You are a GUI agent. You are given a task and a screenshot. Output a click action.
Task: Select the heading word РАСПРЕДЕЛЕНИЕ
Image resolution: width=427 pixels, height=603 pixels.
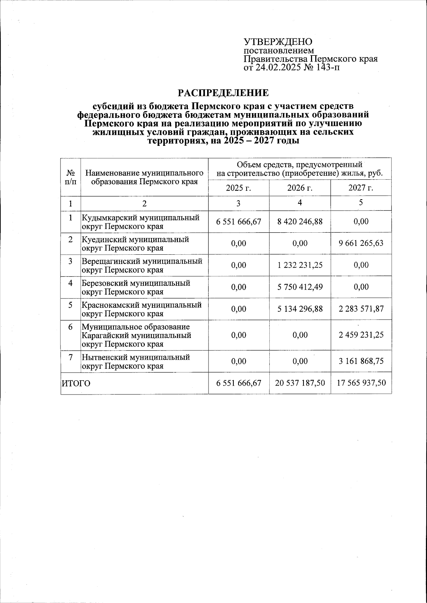click(223, 93)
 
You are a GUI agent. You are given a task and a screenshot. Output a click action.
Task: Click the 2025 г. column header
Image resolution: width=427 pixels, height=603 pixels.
click(238, 188)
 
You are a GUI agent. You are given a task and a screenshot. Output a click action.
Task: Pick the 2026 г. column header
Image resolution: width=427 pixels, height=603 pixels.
click(300, 188)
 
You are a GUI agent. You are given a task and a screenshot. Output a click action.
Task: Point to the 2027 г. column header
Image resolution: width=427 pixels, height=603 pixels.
click(360, 188)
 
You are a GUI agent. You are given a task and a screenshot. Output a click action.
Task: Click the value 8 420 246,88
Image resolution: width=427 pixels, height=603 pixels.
click(300, 222)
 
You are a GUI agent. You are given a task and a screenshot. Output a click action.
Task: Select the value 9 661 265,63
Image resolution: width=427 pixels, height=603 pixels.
click(361, 244)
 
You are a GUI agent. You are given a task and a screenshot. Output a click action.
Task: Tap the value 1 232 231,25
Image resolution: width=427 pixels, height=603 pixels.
click(300, 265)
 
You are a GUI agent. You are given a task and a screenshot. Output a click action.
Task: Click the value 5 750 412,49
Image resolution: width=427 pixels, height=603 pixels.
click(300, 287)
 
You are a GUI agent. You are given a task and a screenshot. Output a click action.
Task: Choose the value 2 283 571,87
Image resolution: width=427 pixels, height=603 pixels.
click(361, 309)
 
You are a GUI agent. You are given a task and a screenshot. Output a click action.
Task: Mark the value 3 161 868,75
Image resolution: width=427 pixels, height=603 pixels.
click(361, 361)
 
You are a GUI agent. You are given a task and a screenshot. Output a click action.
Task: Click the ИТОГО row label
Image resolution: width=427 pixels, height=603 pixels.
click(76, 384)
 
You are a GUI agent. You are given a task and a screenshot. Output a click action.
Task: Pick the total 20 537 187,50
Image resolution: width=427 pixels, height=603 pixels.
click(300, 383)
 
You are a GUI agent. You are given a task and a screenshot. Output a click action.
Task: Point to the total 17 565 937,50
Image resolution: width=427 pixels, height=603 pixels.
click(361, 383)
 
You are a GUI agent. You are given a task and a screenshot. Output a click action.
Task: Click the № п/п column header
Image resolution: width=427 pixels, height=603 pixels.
click(71, 177)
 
